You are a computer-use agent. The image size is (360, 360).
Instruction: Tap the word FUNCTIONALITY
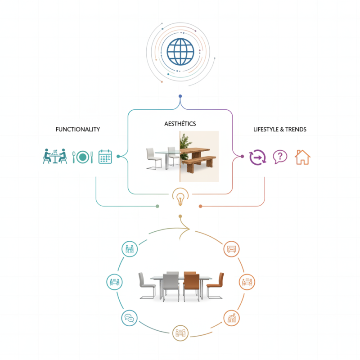[x=78, y=130]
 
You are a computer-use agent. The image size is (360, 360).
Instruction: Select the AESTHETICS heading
[x=180, y=123]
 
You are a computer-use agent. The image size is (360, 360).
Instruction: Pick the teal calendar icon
[x=105, y=157]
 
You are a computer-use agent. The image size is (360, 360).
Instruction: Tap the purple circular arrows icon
[x=258, y=157]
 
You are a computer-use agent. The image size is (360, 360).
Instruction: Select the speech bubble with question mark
[x=280, y=157]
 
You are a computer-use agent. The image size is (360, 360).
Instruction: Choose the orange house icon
[x=302, y=157]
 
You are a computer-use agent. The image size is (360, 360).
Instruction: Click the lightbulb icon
[x=180, y=198]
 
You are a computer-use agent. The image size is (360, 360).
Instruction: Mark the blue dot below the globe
[x=180, y=96]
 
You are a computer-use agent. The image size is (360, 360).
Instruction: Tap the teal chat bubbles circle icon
[x=129, y=319]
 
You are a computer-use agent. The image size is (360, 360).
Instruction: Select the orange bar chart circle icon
[x=232, y=319]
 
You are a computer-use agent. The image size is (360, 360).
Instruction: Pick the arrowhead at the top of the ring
[x=187, y=228]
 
